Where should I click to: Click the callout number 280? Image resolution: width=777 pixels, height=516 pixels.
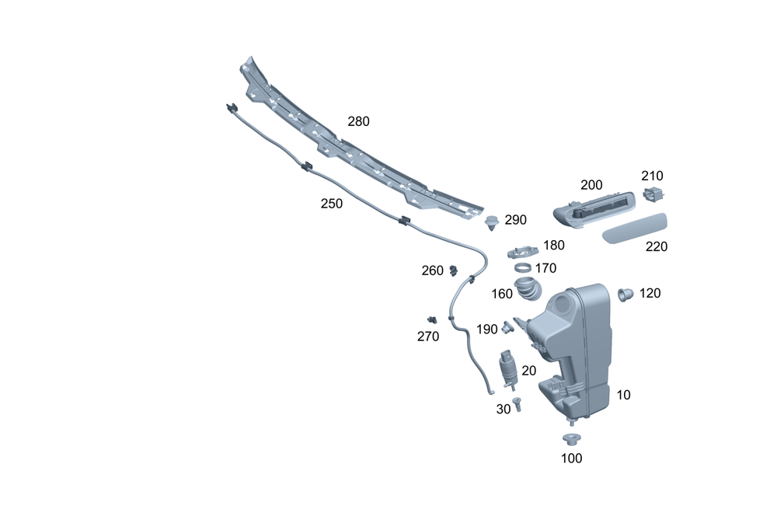(358, 121)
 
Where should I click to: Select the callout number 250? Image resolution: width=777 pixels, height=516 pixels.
(332, 203)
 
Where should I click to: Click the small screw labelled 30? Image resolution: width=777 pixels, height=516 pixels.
(517, 403)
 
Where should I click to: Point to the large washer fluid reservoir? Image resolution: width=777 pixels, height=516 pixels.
(579, 342)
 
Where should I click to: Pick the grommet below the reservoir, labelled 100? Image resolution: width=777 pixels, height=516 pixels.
(571, 438)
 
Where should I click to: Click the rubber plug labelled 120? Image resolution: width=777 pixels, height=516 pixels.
(625, 294)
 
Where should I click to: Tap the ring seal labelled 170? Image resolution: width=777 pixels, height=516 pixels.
(524, 268)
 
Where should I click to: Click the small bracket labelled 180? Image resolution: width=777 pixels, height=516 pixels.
(521, 251)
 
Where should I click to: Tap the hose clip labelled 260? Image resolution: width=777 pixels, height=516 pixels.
(452, 270)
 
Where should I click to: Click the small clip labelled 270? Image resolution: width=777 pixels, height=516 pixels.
(431, 319)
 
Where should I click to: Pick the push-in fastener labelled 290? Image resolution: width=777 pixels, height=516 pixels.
(492, 223)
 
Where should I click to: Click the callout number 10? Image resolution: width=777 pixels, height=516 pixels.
(623, 395)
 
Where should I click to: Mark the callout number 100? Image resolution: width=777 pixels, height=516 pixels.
(571, 458)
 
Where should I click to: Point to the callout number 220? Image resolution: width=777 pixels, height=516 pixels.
(657, 247)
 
